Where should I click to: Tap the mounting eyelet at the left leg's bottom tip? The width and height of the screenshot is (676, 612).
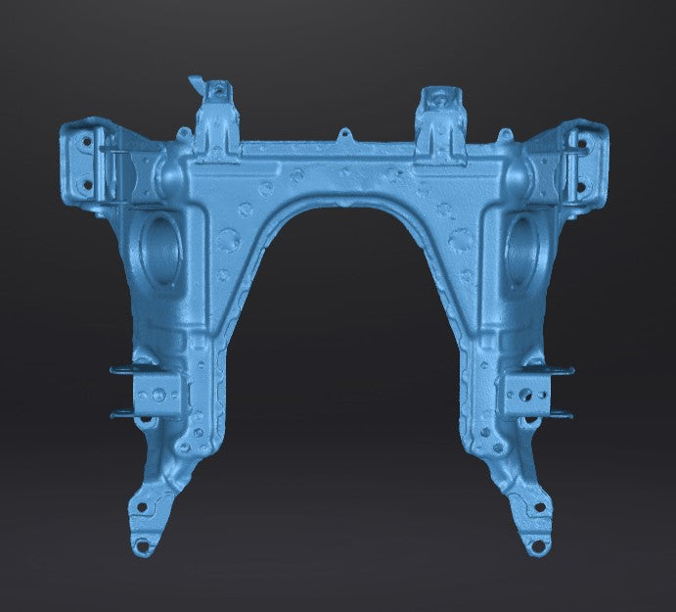point(142,544)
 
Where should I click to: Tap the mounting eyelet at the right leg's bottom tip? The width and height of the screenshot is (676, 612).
point(536,545)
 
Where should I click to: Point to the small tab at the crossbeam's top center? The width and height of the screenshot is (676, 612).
point(343,134)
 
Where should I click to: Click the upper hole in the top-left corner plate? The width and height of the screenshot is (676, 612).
point(85,141)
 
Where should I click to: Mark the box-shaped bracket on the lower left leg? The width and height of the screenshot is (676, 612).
point(157,395)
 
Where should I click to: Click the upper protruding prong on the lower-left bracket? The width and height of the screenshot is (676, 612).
point(124,369)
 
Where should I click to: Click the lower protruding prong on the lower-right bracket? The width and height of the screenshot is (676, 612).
point(562,415)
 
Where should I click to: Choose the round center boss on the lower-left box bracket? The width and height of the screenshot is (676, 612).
point(156,394)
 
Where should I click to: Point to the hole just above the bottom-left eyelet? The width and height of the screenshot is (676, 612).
point(144,509)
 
